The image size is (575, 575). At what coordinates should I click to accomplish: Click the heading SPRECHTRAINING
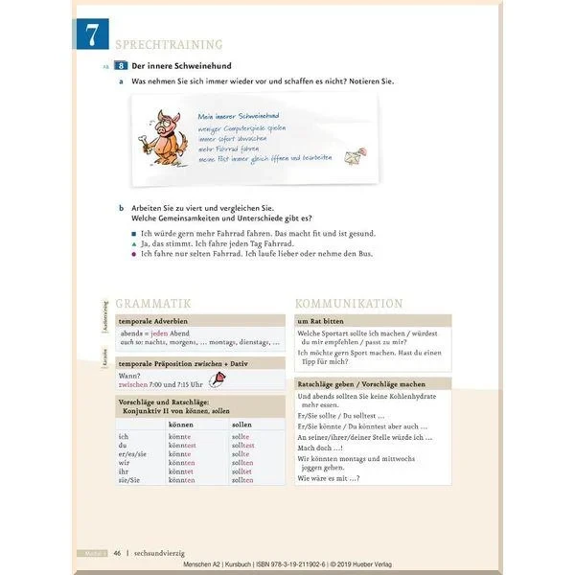[x=169, y=45]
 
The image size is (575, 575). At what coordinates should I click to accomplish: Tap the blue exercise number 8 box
[x=121, y=66]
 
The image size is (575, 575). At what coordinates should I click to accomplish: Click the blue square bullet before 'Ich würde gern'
[x=133, y=233]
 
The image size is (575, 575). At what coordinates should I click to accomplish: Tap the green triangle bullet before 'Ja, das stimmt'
[x=133, y=243]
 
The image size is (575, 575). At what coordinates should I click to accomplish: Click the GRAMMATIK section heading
[x=153, y=302]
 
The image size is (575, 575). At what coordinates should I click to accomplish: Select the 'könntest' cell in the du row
[x=182, y=446]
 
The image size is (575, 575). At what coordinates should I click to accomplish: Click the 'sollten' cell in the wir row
[x=242, y=463]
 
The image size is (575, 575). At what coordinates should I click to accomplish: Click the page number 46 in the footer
[x=117, y=553]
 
